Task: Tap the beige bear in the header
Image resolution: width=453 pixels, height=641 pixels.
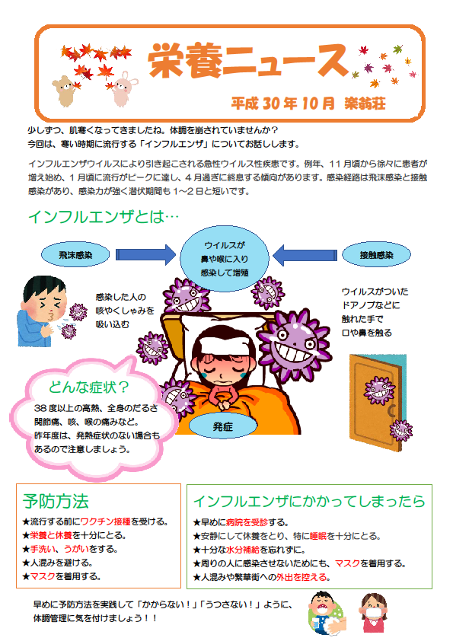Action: click(x=64, y=91)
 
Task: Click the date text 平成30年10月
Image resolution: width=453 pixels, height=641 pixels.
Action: click(x=283, y=103)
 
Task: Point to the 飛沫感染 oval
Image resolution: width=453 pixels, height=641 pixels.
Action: click(x=75, y=255)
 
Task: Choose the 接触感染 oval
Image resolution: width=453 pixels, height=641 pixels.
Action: click(x=376, y=255)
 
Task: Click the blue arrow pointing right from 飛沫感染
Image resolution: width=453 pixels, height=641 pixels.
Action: click(x=145, y=255)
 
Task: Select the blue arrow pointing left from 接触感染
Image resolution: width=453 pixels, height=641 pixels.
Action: click(x=305, y=255)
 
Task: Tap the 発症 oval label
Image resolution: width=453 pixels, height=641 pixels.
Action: click(x=223, y=426)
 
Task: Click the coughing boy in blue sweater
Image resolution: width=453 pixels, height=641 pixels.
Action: click(x=41, y=311)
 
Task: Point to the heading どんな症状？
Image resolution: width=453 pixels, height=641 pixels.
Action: click(x=89, y=386)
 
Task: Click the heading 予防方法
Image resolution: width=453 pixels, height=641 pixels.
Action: click(x=56, y=501)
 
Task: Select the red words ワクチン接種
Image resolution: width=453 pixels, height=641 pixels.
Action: click(x=105, y=521)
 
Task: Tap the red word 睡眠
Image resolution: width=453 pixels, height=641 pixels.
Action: click(x=318, y=536)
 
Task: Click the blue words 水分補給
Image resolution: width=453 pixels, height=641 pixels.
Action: click(x=243, y=550)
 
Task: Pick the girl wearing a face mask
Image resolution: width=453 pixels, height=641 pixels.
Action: click(x=373, y=613)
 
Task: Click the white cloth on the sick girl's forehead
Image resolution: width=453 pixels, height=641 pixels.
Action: click(x=223, y=346)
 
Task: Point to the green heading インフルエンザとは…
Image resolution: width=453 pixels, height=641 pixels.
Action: click(x=103, y=217)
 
